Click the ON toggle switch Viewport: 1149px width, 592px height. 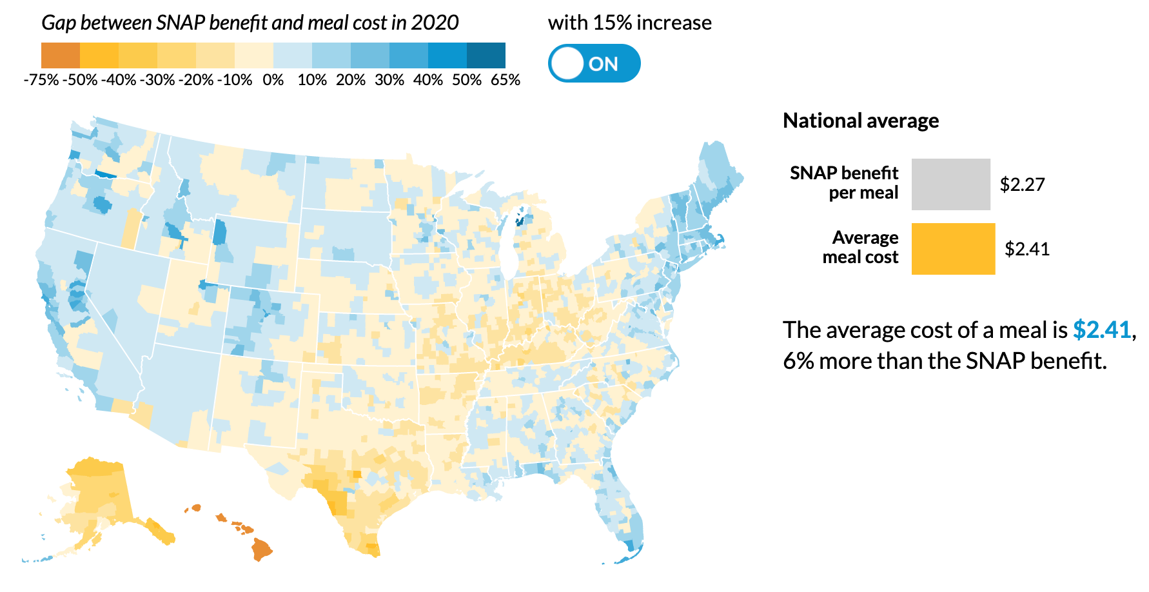[x=594, y=63]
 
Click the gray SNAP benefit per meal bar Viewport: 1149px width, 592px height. [x=950, y=184]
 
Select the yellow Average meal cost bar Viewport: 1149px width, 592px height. [x=953, y=249]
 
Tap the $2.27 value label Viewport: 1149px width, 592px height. [x=1022, y=184]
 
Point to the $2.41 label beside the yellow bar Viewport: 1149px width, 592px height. [x=1027, y=249]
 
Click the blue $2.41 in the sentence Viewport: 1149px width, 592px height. [x=1102, y=330]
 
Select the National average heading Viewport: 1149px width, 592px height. [x=860, y=121]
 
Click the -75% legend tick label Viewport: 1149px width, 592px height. [x=41, y=80]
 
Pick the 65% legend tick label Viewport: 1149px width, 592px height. [x=506, y=80]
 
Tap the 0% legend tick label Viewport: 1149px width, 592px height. [x=273, y=80]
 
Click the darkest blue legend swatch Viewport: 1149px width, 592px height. [x=486, y=55]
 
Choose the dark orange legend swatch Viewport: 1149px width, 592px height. [x=60, y=55]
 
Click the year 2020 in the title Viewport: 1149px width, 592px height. [x=435, y=23]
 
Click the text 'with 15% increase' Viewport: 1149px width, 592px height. [x=629, y=23]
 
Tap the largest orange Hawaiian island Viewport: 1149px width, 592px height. [x=262, y=549]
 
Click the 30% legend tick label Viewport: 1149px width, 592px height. [x=389, y=80]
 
